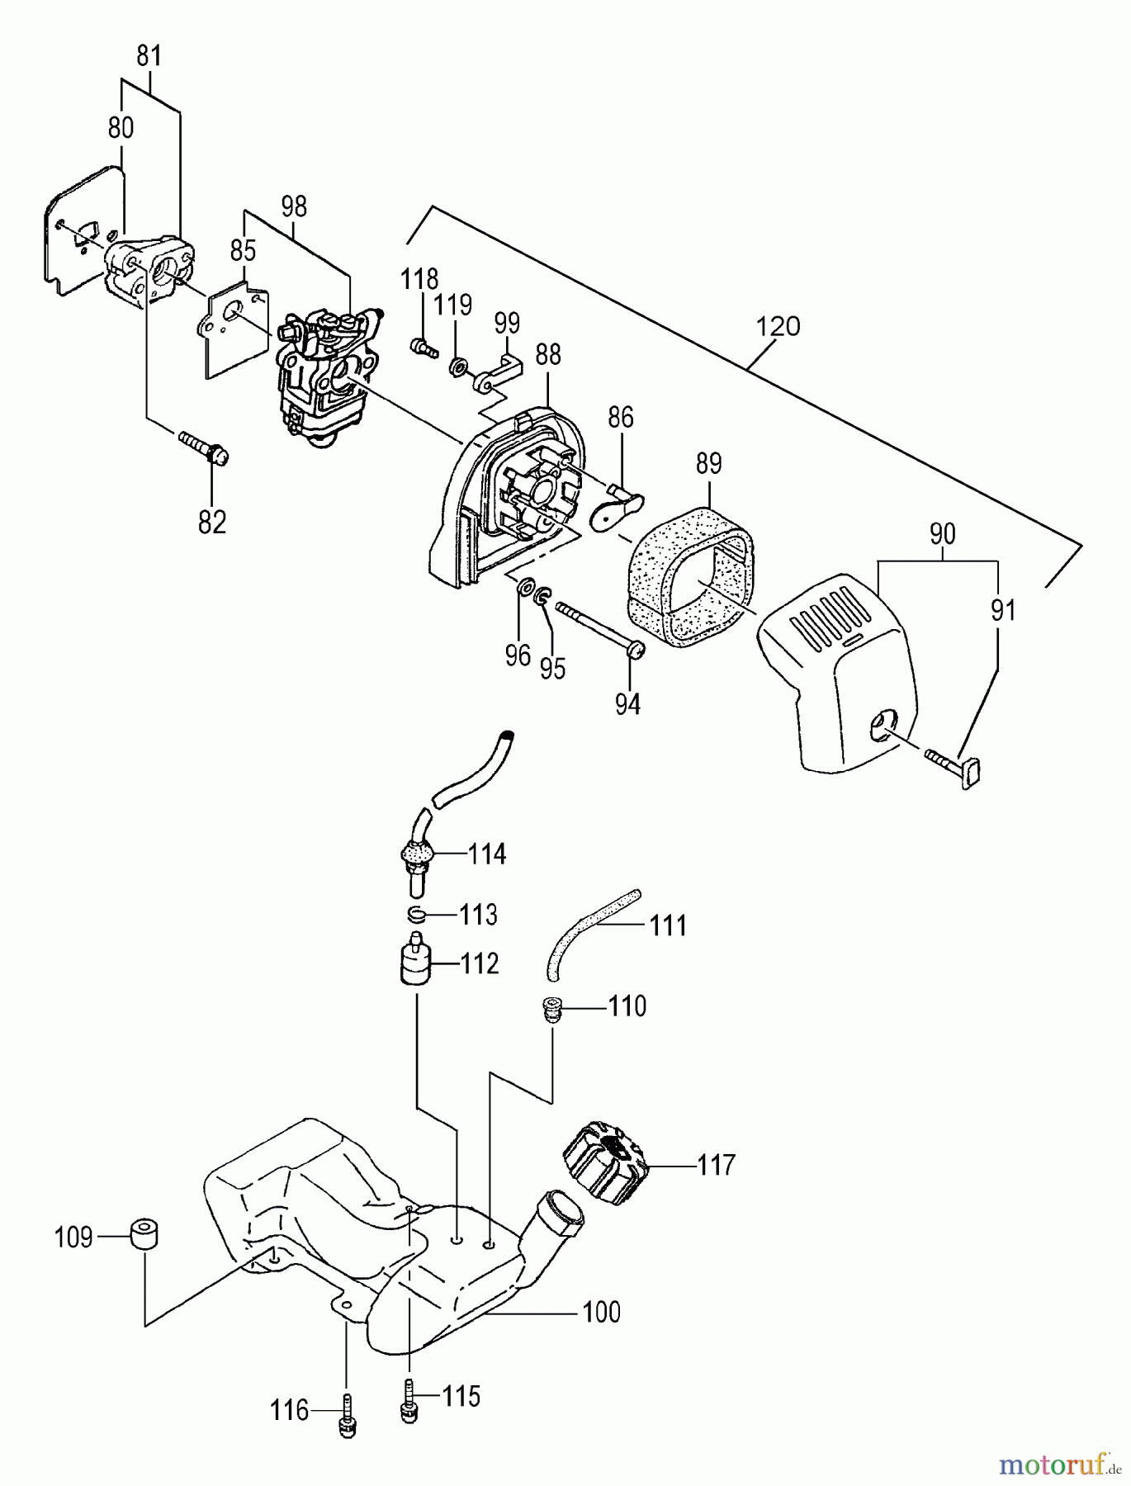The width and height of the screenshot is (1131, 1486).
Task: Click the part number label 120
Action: pyautogui.click(x=778, y=326)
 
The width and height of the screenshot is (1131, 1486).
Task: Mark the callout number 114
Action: pyautogui.click(x=487, y=854)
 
